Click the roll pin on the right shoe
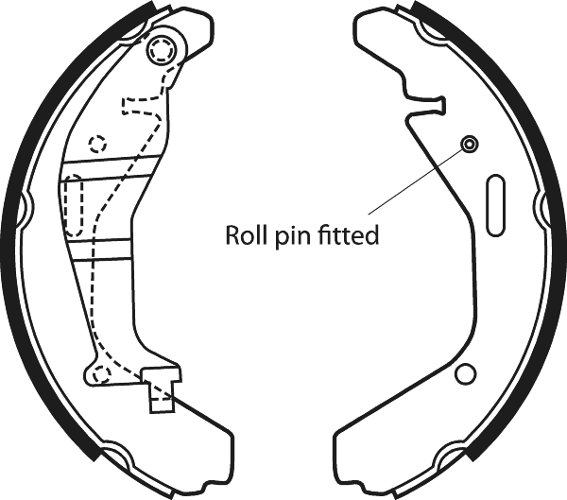click(x=469, y=144)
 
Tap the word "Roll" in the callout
click(x=242, y=235)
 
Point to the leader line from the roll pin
click(x=416, y=181)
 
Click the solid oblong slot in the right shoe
click(x=494, y=202)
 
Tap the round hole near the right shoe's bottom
click(x=464, y=374)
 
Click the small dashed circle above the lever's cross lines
click(x=96, y=145)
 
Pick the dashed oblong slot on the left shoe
click(x=73, y=208)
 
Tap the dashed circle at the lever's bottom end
click(x=101, y=374)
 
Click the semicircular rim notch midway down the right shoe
click(x=542, y=202)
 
